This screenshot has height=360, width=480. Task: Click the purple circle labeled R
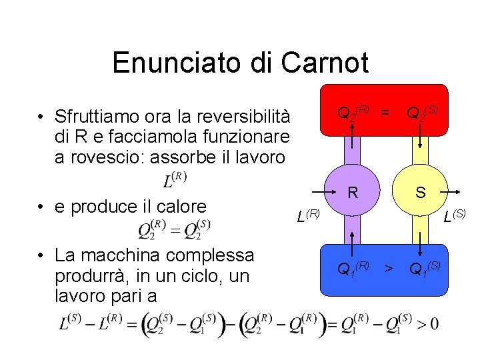pos(353,193)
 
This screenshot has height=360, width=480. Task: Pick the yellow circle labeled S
pos(421,193)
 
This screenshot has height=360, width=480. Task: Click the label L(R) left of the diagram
pos(308,215)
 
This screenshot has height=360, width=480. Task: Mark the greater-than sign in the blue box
pos(388,269)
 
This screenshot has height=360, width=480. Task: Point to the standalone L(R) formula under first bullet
pos(175,180)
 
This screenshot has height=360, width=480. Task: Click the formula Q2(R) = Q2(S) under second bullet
pos(174,230)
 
